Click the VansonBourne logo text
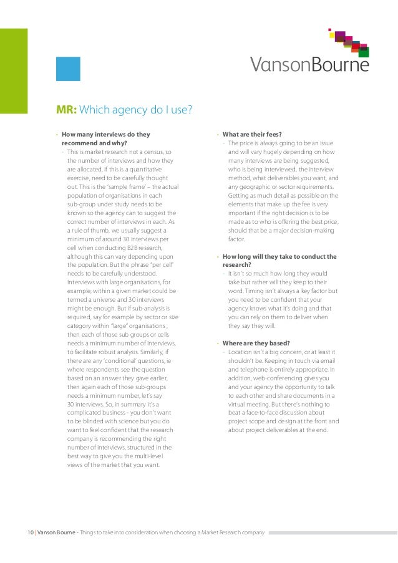309,65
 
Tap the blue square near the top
68,69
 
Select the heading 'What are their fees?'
252,134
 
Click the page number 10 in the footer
29,532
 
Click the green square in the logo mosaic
364,52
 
